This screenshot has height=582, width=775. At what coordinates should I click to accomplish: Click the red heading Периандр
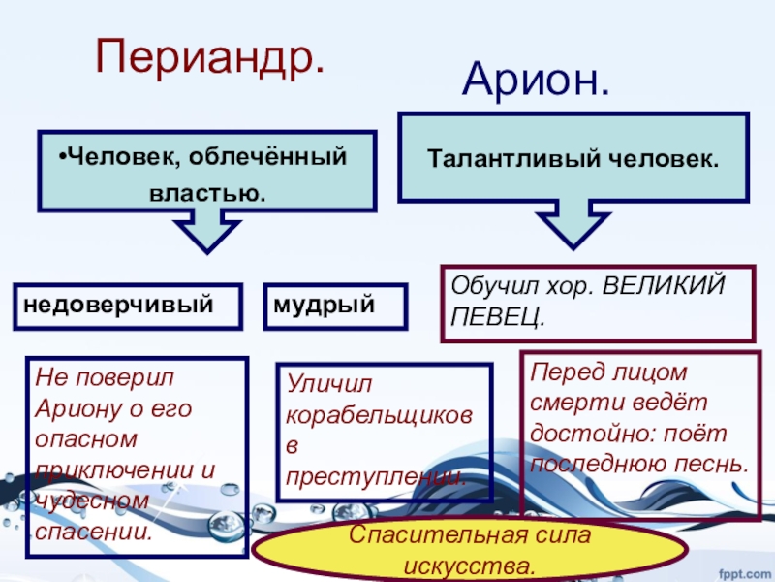pos(210,58)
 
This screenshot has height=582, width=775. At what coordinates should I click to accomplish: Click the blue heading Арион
pos(536,81)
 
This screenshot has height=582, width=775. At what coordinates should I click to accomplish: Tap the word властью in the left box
pos(207,193)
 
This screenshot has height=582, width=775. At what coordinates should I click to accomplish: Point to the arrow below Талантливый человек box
pos(573,224)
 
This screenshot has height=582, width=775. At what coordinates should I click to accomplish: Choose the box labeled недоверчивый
pos(128,307)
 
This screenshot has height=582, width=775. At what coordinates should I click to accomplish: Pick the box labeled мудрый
pos(335,307)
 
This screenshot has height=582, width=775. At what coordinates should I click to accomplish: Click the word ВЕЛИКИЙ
pos(664,285)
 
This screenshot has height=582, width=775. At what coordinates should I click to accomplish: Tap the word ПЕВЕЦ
pos(498,317)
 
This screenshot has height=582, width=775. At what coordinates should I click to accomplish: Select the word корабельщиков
pos(379,416)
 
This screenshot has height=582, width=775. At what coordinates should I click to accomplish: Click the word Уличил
pos(328,383)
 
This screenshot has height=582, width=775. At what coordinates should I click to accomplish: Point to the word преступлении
pos(377,477)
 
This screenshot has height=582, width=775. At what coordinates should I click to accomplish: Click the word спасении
pos(94,532)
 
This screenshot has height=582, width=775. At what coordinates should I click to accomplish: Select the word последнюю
pos(598,466)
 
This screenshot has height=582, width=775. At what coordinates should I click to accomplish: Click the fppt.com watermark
pos(746,574)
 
